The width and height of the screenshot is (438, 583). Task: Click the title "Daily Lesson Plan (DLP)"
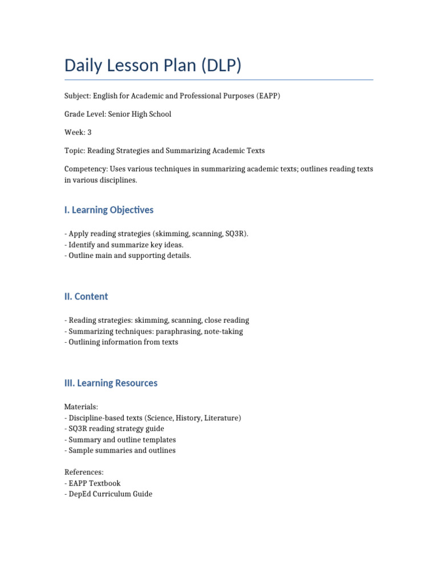[153, 65]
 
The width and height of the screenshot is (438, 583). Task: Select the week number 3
[90, 132]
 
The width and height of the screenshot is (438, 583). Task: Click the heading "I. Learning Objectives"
[109, 210]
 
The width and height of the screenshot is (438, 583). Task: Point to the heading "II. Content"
[86, 297]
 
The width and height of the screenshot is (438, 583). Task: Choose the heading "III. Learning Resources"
[111, 383]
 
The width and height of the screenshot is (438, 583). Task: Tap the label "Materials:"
[82, 407]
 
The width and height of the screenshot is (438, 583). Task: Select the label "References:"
[84, 472]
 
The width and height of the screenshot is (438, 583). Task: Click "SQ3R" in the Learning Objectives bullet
[236, 234]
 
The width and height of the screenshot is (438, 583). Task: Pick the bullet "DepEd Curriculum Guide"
[110, 494]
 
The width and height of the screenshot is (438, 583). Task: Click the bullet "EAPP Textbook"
[94, 483]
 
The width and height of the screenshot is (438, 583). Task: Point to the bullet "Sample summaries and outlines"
[121, 450]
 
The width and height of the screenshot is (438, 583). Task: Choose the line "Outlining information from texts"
[123, 342]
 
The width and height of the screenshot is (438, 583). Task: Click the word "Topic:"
[75, 151]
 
